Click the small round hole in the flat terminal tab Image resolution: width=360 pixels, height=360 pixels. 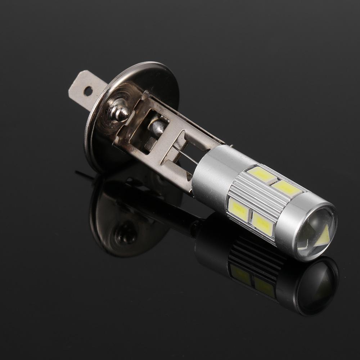[x=88, y=91]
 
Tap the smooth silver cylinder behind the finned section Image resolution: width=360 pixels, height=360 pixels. [x=212, y=169]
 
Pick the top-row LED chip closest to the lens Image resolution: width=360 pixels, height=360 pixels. [x=286, y=188]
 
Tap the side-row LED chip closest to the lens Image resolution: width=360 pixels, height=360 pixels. [x=262, y=224]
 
